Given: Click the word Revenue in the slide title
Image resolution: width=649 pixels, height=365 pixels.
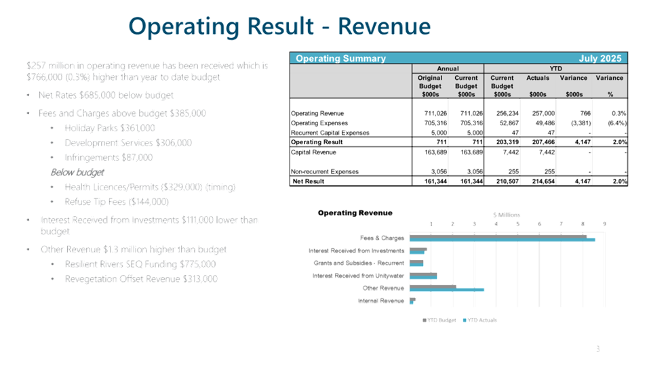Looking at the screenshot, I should click(x=384, y=26).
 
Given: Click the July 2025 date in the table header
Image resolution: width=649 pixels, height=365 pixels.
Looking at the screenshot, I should click(x=601, y=59).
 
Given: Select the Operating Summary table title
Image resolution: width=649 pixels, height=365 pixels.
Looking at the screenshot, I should click(x=340, y=59).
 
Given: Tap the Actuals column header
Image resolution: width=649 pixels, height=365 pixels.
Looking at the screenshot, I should click(x=538, y=78).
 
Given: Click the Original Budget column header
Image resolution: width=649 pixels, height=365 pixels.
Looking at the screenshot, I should click(x=430, y=82).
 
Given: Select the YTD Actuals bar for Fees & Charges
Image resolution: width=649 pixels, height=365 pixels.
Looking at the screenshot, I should click(x=503, y=240).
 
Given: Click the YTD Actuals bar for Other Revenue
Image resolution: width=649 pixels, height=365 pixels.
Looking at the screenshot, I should click(x=448, y=290).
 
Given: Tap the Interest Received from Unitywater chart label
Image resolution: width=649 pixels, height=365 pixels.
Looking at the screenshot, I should click(x=358, y=276).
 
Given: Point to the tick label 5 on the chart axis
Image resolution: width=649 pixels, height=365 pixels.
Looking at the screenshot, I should click(x=517, y=223).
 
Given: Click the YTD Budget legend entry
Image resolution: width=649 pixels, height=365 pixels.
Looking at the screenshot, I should click(x=441, y=320).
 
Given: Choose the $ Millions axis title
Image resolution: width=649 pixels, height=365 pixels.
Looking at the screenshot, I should click(x=505, y=215).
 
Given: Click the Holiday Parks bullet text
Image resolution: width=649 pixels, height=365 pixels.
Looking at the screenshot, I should click(x=109, y=127).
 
